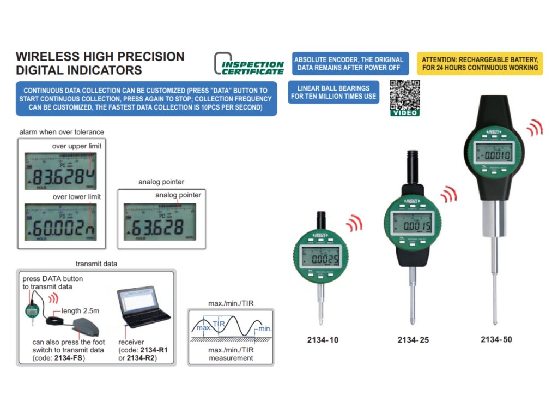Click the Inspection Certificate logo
249,64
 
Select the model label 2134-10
323,340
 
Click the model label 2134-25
413,340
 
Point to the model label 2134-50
496,339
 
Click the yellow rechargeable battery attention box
480,64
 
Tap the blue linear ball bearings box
333,92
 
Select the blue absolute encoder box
349,64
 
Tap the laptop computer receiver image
141,308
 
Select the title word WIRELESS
48,57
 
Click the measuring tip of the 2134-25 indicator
413,322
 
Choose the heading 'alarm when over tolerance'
61,132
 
